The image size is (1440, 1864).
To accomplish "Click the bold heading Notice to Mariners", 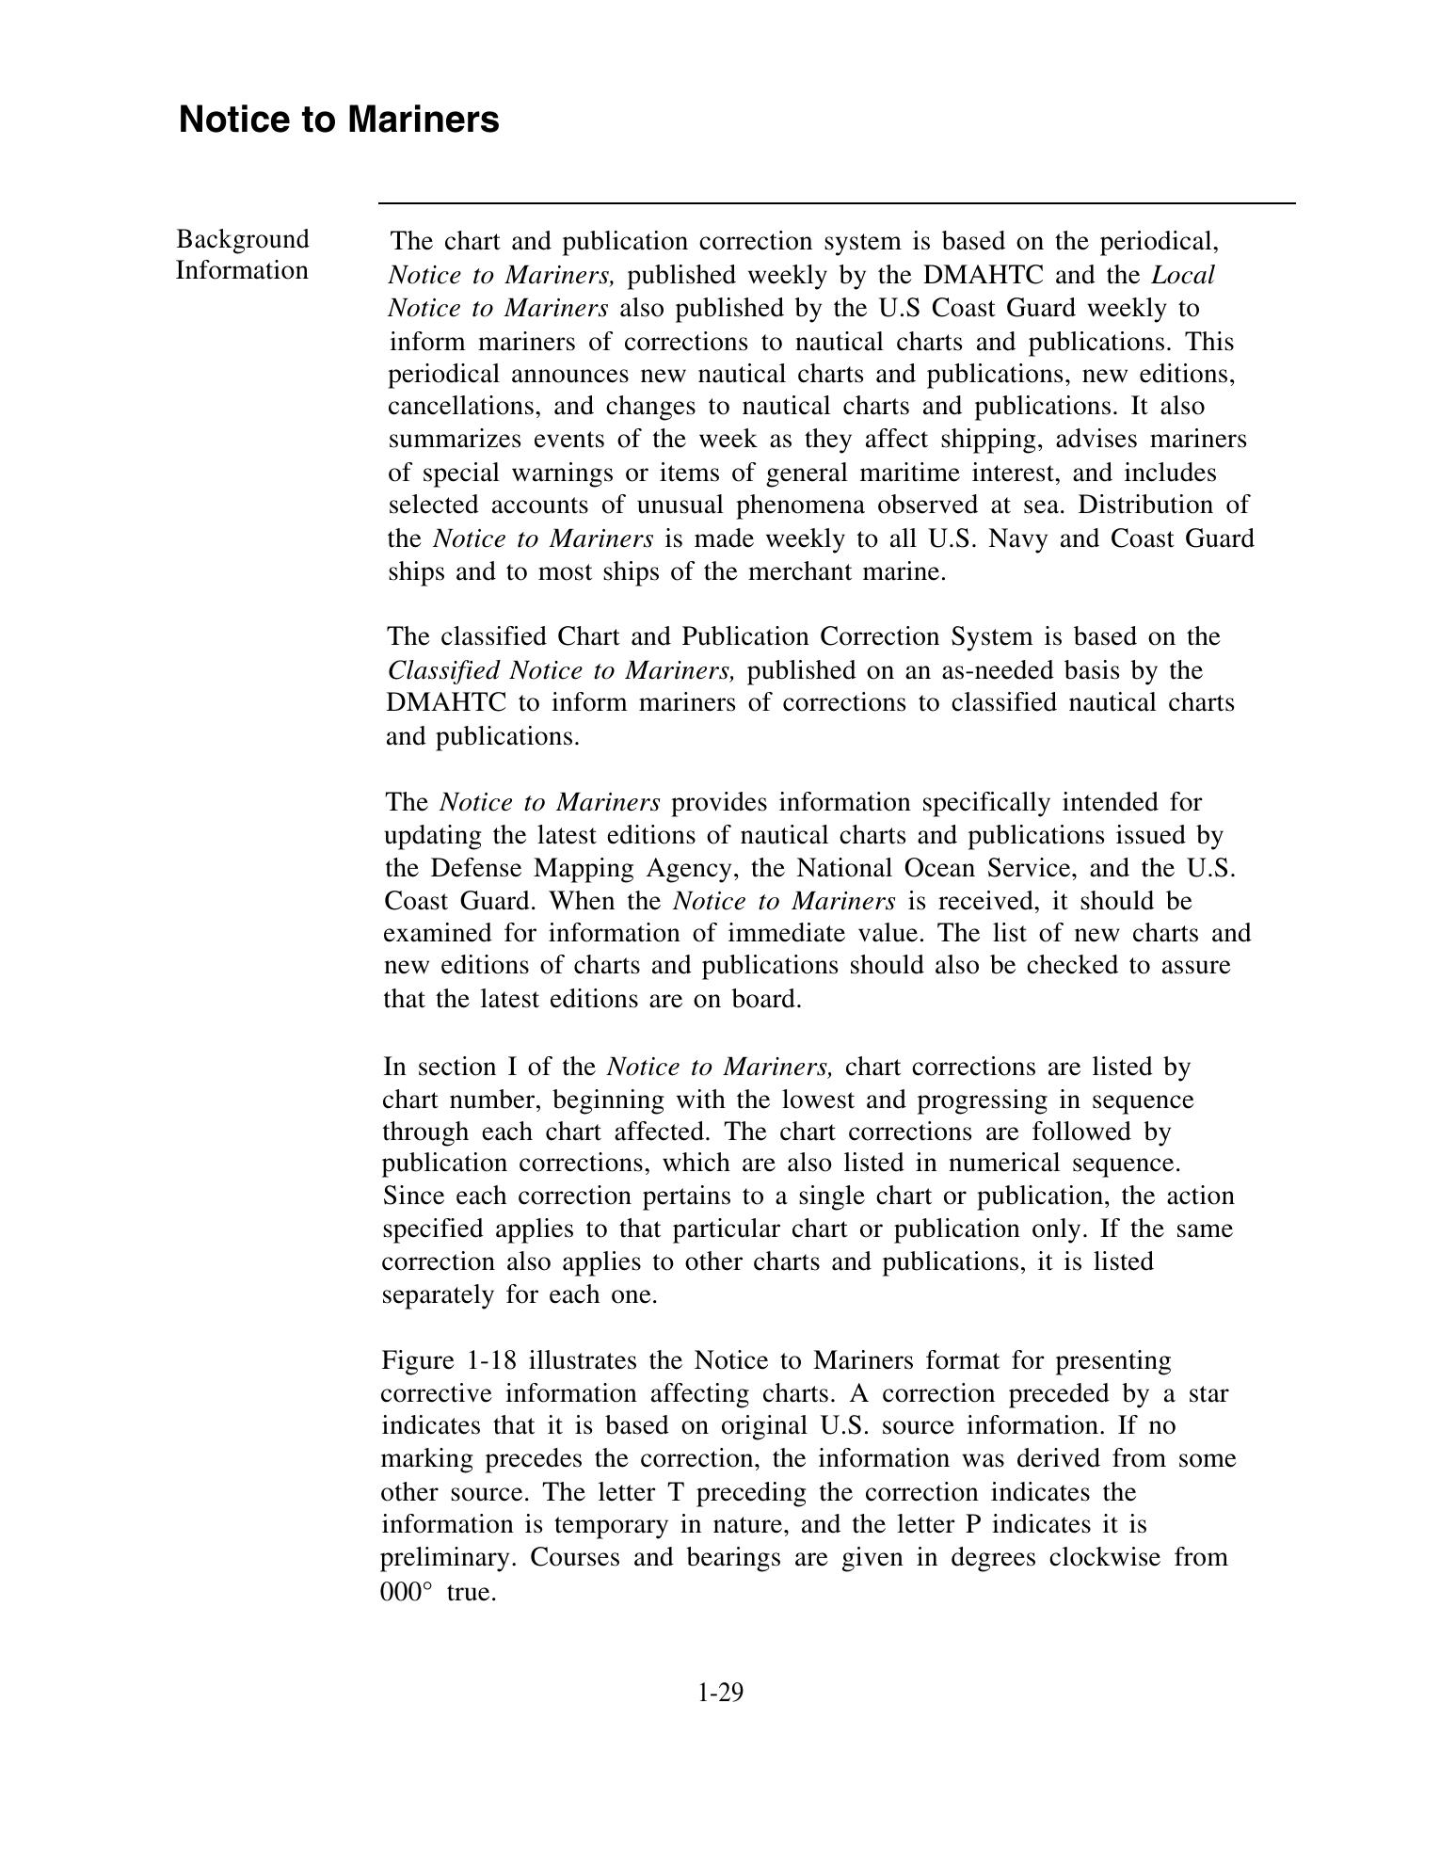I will click(x=339, y=121).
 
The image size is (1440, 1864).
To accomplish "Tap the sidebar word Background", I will click(x=243, y=239).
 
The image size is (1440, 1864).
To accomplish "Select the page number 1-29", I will click(x=721, y=1693).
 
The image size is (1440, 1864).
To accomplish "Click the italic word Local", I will click(x=1183, y=275).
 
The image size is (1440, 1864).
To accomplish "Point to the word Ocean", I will click(x=941, y=867).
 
